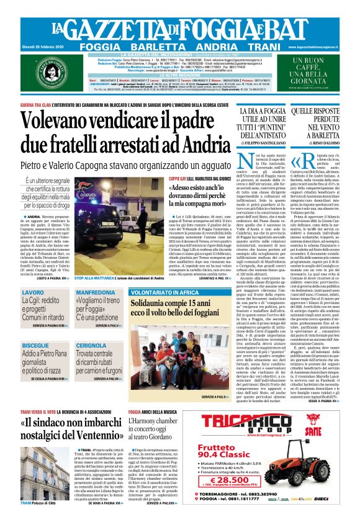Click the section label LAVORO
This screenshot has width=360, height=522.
(33, 292)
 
